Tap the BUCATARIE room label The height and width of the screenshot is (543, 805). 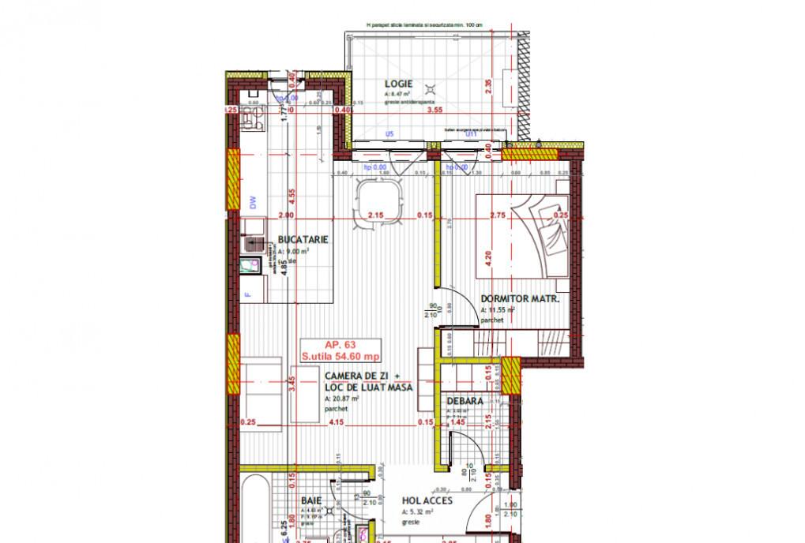303,240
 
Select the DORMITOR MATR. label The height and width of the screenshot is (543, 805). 521,299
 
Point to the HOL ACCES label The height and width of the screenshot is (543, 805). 427,500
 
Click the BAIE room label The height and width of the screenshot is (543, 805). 311,500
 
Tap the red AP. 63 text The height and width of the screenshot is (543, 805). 340,345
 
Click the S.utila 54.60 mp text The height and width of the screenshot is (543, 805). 340,356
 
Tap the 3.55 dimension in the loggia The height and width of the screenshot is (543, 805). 434,111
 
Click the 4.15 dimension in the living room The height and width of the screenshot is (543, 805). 337,422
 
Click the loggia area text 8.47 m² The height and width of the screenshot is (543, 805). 400,94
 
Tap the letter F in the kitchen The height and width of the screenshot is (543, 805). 246,295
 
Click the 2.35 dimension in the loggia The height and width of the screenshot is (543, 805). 489,87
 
